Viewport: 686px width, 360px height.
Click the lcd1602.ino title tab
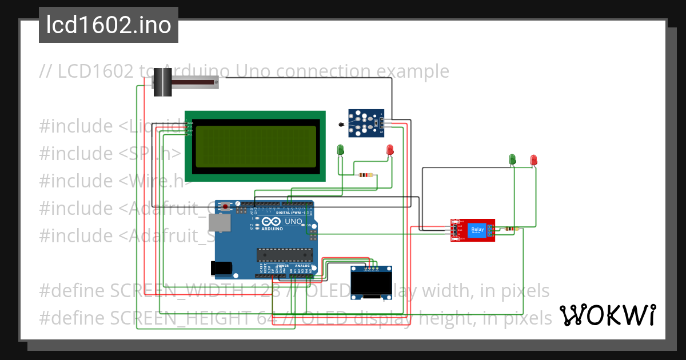pyautogui.click(x=108, y=25)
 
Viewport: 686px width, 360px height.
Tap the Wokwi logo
pyautogui.click(x=607, y=315)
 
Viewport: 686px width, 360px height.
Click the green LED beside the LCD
pyautogui.click(x=341, y=149)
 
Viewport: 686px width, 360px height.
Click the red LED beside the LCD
pyautogui.click(x=390, y=149)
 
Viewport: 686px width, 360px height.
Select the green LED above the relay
pyautogui.click(x=513, y=159)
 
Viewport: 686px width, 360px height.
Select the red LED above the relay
pyautogui.click(x=534, y=159)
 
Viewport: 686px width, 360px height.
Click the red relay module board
pyautogui.click(x=472, y=230)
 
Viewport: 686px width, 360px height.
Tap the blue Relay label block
pyautogui.click(x=477, y=230)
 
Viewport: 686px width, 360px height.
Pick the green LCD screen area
pyautogui.click(x=256, y=146)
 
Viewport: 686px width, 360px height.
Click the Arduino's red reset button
pyautogui.click(x=226, y=206)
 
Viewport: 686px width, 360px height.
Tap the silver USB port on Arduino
pyautogui.click(x=220, y=223)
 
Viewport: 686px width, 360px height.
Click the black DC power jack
pyautogui.click(x=221, y=267)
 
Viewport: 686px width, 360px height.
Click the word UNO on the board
pyautogui.click(x=293, y=221)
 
